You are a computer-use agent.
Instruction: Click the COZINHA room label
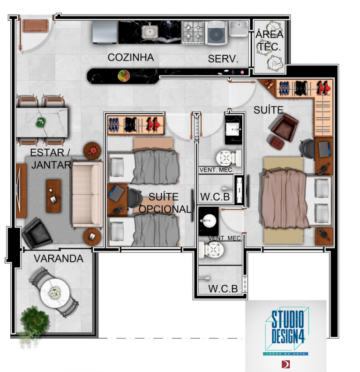(x=131, y=57)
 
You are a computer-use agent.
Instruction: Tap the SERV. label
(x=223, y=59)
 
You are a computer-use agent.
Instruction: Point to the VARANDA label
(x=59, y=258)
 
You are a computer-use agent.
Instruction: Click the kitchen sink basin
(x=150, y=32)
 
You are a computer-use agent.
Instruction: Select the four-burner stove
(x=193, y=32)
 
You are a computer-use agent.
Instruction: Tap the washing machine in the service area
(x=216, y=33)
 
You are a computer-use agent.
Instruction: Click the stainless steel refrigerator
(x=105, y=32)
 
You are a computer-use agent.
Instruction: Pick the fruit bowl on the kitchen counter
(x=124, y=76)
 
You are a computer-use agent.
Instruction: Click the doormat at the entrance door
(x=36, y=26)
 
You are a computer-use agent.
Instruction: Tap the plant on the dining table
(x=41, y=122)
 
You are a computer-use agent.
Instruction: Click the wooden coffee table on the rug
(x=53, y=196)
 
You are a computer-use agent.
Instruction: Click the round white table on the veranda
(x=55, y=293)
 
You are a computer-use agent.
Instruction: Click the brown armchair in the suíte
(x=284, y=128)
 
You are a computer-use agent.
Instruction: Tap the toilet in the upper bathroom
(x=228, y=158)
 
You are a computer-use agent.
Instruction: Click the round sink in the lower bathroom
(x=209, y=220)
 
